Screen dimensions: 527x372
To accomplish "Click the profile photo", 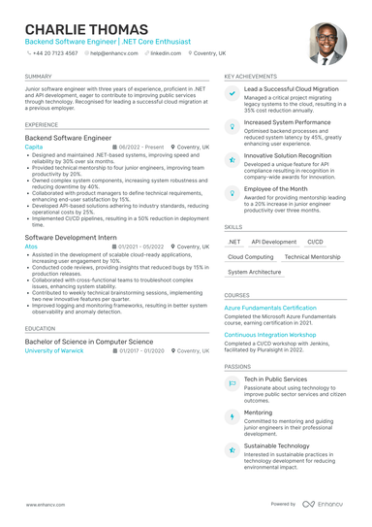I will [327, 44].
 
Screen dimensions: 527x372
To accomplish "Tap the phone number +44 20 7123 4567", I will [54, 53].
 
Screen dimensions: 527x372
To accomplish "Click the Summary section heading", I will [39, 75].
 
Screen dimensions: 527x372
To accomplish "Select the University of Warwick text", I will [54, 350].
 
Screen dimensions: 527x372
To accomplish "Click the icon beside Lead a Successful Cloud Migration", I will [232, 93].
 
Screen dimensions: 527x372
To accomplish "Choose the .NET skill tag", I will [234, 242].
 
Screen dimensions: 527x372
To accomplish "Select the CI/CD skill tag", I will [315, 242].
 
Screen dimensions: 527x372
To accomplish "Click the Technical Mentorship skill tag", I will [312, 257].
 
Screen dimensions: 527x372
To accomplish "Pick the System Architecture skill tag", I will [254, 273].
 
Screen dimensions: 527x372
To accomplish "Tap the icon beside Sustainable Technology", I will [232, 449].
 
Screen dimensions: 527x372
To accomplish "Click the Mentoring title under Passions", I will [258, 412].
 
